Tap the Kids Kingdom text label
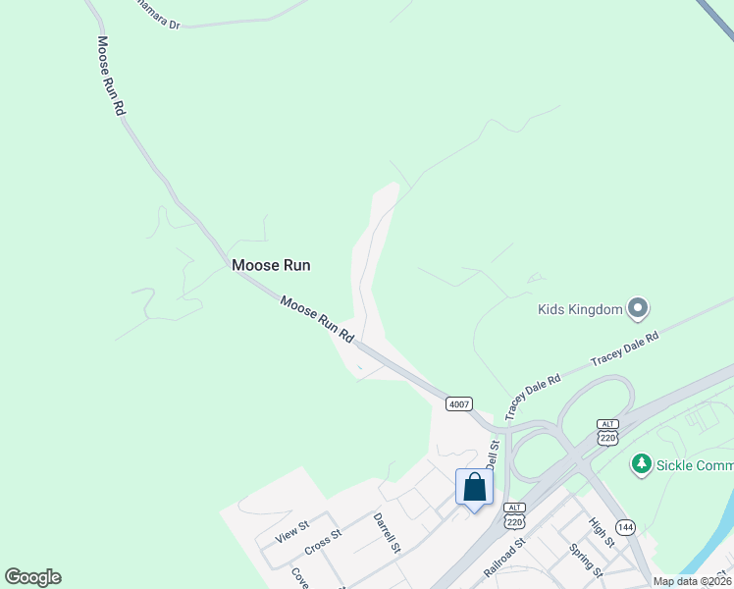[580, 310]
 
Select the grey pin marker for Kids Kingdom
[639, 309]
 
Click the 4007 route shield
[458, 403]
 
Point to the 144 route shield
[626, 527]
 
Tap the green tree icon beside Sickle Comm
[642, 463]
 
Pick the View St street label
[292, 532]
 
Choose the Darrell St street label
[387, 532]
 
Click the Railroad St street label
[505, 555]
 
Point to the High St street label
[602, 533]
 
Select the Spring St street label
[587, 561]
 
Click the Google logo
[32, 577]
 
